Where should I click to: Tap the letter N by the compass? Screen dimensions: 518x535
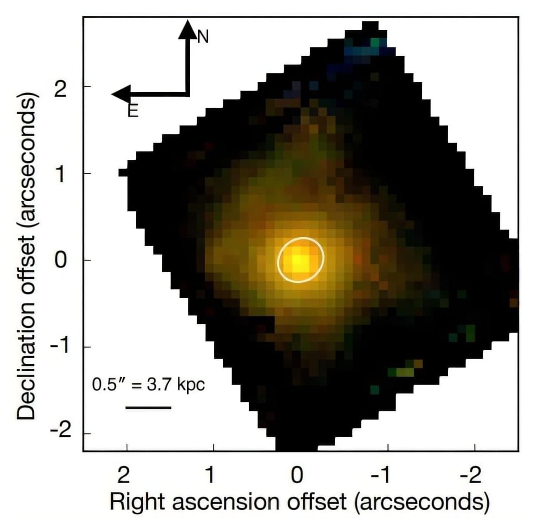point(203,37)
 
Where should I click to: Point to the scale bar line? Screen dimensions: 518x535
point(148,408)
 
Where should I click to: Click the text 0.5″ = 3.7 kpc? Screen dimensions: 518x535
point(148,385)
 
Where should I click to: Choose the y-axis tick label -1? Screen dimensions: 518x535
point(56,347)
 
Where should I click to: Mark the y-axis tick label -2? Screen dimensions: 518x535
point(56,433)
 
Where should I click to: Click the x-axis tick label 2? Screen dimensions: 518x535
point(124,475)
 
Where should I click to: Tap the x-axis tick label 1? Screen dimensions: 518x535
point(210,475)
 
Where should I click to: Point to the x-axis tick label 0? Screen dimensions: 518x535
point(297,475)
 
